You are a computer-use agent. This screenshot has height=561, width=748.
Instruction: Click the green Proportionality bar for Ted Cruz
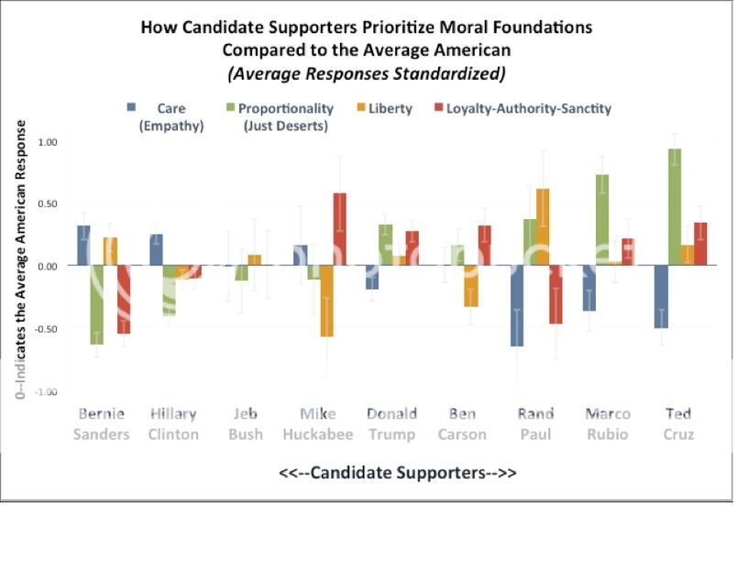pyautogui.click(x=675, y=207)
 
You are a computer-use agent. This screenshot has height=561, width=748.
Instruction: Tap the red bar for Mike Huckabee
pyautogui.click(x=339, y=229)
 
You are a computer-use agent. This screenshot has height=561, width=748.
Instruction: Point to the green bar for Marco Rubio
pyautogui.click(x=602, y=220)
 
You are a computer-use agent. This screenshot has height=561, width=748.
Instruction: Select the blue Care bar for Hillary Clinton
pyautogui.click(x=156, y=250)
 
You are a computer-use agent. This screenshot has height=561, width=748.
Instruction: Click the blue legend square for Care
pyautogui.click(x=132, y=108)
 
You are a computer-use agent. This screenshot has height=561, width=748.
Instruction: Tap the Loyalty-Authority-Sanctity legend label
pyautogui.click(x=528, y=108)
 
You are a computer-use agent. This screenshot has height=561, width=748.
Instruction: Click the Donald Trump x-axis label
pyautogui.click(x=391, y=423)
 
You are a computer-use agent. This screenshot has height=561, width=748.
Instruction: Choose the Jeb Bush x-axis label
pyautogui.click(x=246, y=423)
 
